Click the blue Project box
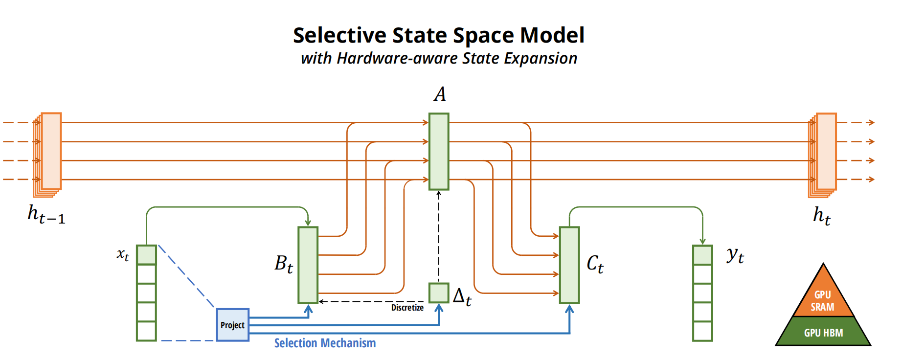(232, 325)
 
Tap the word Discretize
(407, 308)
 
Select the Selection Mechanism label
(325, 343)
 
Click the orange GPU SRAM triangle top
(823, 296)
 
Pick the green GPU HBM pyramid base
(823, 333)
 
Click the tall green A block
(439, 151)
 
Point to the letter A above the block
(440, 94)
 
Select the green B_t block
(308, 265)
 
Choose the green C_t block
(569, 265)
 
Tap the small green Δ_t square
(439, 293)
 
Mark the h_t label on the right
(822, 215)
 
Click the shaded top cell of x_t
(146, 255)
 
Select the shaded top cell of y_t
(702, 255)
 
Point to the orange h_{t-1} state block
(51, 151)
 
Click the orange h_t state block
(826, 151)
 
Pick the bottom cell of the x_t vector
(146, 331)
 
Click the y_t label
(735, 255)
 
